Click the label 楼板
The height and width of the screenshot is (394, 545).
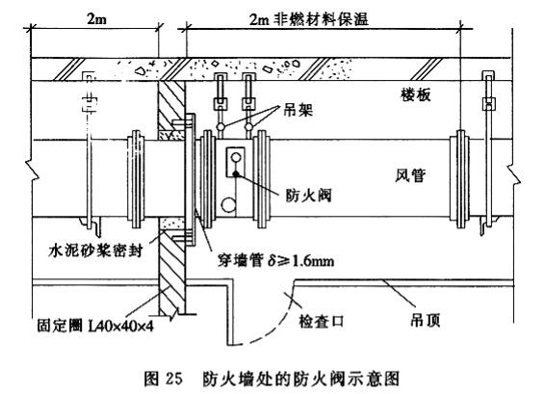(x=416, y=94)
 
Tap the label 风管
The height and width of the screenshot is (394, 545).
(x=410, y=175)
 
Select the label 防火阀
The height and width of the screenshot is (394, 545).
(x=308, y=196)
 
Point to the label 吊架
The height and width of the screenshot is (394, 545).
(x=298, y=110)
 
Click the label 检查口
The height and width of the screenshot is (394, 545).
(x=321, y=321)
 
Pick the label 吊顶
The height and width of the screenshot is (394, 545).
(x=425, y=320)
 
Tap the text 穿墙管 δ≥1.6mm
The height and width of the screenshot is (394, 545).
(x=275, y=260)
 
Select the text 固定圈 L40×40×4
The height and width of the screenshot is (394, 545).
(x=95, y=327)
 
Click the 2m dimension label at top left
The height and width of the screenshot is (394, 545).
(x=96, y=19)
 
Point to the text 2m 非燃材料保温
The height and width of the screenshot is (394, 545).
(x=309, y=19)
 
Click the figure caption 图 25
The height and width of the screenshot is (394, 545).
(x=164, y=379)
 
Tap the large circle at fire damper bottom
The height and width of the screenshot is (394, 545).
(x=228, y=205)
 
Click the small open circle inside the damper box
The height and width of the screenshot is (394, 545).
(x=236, y=158)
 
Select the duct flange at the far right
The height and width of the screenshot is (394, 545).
(x=460, y=179)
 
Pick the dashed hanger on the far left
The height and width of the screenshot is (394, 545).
(x=89, y=149)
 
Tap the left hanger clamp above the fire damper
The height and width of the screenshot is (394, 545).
(x=220, y=103)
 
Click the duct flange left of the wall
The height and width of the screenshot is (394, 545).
(x=136, y=179)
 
